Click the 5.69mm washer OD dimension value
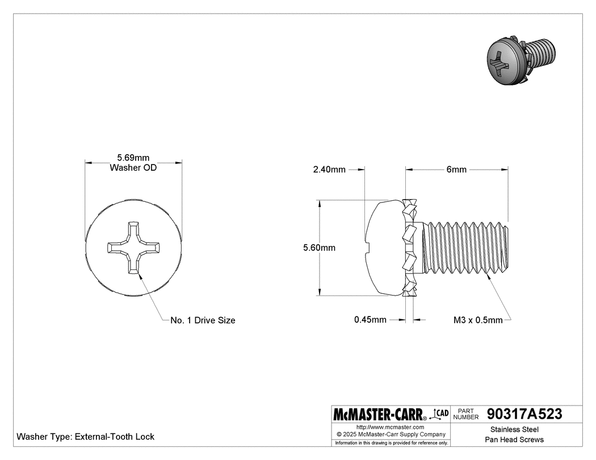pos(133,158)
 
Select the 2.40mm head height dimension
pos(329,170)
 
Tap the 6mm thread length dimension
pos(456,170)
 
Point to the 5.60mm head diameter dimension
pos(319,248)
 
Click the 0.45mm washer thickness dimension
pos(370,320)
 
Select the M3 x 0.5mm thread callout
pos(478,320)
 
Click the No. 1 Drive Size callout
pos(203,320)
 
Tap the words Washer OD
pos(133,168)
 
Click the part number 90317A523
pos(524,415)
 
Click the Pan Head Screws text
pos(514,440)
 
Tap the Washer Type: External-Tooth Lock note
pos(86,437)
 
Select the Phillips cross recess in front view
pos(133,248)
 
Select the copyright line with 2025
pos(391,434)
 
